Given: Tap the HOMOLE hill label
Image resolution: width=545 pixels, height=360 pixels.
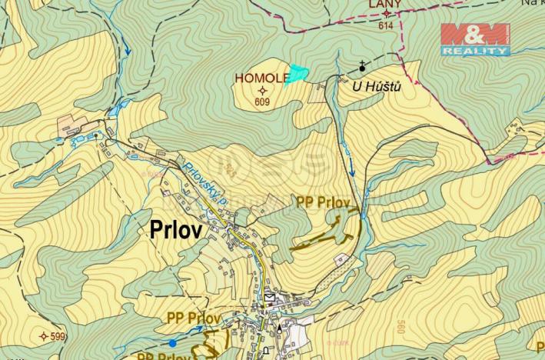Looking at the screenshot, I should click(x=261, y=78).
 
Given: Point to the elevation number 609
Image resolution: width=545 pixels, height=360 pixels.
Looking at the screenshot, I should click(x=262, y=101).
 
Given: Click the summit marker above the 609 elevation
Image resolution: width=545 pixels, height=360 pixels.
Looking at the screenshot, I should click(x=262, y=90).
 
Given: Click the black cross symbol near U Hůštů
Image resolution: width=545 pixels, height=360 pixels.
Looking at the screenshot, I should click(x=362, y=67).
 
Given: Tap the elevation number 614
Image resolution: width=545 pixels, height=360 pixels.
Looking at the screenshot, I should click(x=385, y=25).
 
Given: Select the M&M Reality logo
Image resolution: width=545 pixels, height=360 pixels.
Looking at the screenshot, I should click(x=474, y=38).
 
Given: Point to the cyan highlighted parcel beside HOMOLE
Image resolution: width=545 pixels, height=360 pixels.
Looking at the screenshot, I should click(x=297, y=75).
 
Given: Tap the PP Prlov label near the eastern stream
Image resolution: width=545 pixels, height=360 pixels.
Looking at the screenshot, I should click(x=324, y=202).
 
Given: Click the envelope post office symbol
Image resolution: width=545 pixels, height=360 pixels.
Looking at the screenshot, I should click(x=269, y=296).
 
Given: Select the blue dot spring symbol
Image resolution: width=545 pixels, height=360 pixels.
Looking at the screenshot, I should click(x=173, y=342).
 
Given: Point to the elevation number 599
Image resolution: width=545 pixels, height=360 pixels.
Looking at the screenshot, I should click(x=58, y=336).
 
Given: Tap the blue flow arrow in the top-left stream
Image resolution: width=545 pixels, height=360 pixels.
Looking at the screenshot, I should click(x=127, y=52).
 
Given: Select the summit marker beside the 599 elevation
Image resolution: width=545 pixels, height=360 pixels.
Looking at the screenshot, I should click(x=42, y=336).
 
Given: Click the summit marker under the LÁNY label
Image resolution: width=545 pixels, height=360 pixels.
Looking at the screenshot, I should click(x=385, y=14).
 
